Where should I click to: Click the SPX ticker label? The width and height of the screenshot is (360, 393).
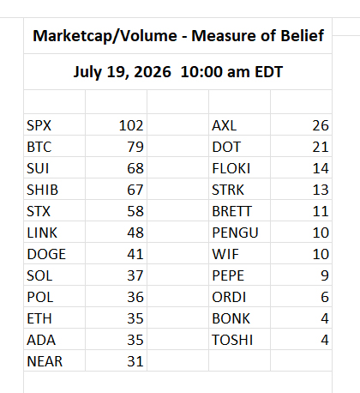click(39, 125)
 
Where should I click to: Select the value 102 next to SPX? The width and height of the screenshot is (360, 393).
click(131, 125)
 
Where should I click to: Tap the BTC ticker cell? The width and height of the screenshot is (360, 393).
click(39, 147)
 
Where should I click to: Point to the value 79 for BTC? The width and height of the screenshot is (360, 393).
click(135, 147)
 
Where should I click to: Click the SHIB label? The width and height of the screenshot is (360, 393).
click(42, 190)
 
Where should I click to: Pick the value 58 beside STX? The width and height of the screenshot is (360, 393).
click(135, 211)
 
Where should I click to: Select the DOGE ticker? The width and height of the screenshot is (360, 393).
click(46, 254)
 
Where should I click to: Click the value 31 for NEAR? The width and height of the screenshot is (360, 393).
click(135, 361)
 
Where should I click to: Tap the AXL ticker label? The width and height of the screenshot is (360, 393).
click(225, 125)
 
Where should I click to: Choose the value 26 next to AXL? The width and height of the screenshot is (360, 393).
click(321, 125)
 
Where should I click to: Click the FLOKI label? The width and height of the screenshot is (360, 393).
click(231, 168)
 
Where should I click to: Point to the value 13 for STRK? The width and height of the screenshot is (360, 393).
click(321, 190)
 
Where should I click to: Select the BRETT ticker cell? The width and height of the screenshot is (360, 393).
click(231, 211)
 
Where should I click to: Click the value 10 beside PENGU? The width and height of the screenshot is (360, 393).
click(321, 233)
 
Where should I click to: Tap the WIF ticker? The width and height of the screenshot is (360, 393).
click(225, 254)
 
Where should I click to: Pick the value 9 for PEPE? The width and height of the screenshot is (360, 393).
click(325, 275)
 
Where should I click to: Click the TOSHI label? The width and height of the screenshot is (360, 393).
click(232, 340)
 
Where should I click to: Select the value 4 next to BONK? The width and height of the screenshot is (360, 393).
click(325, 318)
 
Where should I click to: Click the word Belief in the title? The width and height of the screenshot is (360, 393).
click(303, 36)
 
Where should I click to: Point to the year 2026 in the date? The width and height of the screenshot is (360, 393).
click(153, 72)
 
